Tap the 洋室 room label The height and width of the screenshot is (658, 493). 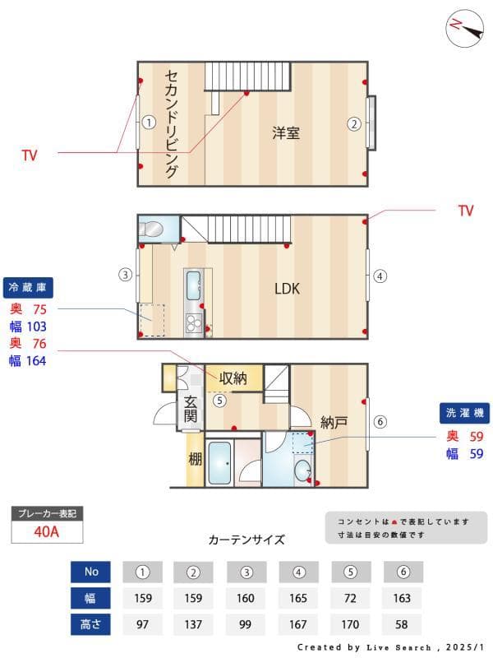(286, 132)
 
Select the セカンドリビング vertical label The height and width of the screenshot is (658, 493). (171, 123)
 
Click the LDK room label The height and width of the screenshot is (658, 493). (287, 289)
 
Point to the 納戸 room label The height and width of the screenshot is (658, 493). (334, 423)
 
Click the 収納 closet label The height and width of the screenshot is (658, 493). (233, 378)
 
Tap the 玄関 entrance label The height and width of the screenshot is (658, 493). (190, 410)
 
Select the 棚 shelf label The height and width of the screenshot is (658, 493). (195, 459)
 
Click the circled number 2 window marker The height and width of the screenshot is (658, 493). (353, 124)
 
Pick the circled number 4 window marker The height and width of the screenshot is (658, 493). (380, 276)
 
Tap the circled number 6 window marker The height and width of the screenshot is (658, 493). (380, 422)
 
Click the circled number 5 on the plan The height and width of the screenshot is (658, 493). (219, 401)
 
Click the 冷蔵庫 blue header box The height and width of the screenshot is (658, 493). (30, 287)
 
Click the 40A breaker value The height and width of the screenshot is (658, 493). (46, 531)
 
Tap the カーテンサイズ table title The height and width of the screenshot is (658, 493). (246, 540)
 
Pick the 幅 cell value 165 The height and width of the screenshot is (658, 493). (299, 598)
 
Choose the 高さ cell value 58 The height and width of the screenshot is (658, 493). (403, 624)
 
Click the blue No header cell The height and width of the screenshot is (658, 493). (91, 572)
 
